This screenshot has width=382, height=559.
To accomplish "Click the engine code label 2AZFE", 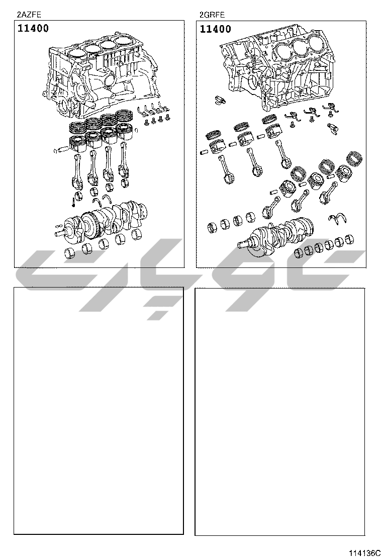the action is (x=29, y=15).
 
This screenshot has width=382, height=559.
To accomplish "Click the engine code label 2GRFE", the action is (x=212, y=15).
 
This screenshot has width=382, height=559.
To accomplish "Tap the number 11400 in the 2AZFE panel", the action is (x=33, y=28).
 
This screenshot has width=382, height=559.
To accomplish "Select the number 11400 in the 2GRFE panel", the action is (x=215, y=29).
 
